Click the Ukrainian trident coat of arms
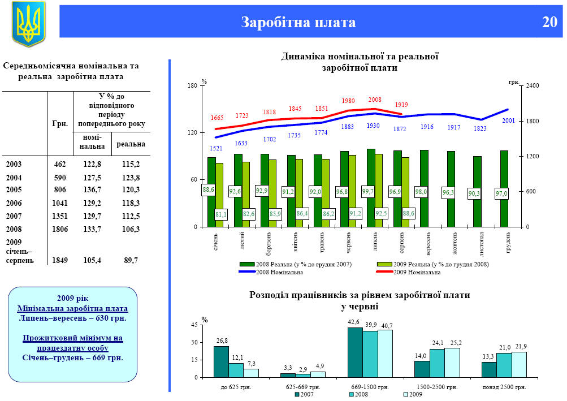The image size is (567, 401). [x=28, y=24]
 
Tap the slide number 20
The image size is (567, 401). [x=549, y=23]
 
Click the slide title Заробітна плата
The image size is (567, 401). [x=298, y=23]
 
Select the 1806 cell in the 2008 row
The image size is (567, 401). [x=60, y=229]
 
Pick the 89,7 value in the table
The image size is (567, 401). [x=131, y=260]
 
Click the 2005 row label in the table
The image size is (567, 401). [x=14, y=190]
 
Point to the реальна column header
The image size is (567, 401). [x=131, y=144]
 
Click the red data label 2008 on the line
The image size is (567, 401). [x=375, y=100]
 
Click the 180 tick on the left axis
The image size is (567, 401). [x=192, y=86]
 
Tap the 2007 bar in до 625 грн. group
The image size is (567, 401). [x=221, y=361]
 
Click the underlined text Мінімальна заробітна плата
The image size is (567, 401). [x=72, y=308]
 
